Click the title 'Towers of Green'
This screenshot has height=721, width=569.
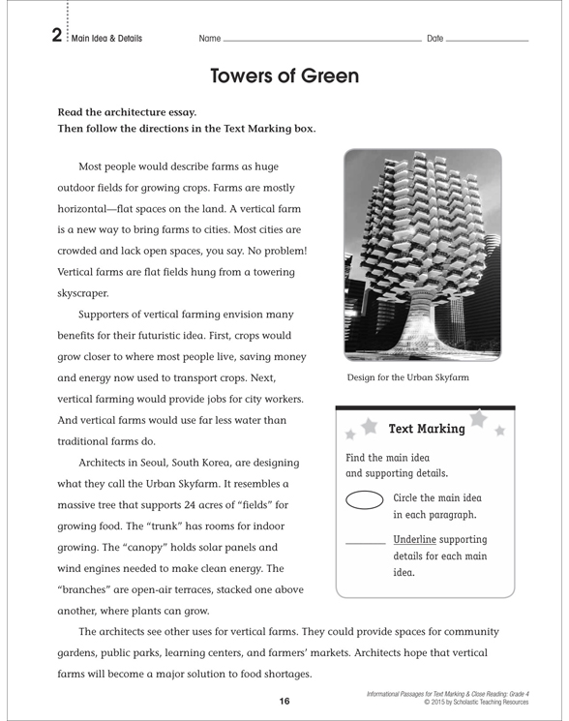tap(284, 75)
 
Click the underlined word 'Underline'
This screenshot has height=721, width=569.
tap(415, 539)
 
